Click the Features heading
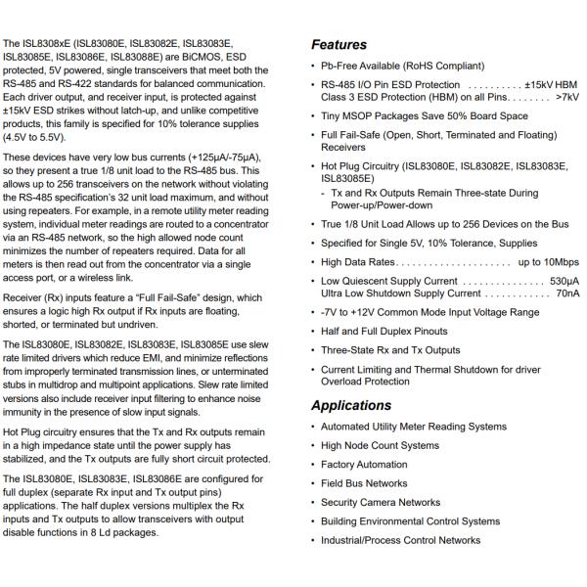point(339,45)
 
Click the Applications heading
point(350,406)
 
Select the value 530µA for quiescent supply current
point(563,281)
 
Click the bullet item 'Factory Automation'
point(364,465)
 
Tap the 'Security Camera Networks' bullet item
point(381,502)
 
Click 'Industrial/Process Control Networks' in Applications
point(401,540)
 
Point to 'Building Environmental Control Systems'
point(410,521)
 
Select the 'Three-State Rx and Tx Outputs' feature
point(390,350)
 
